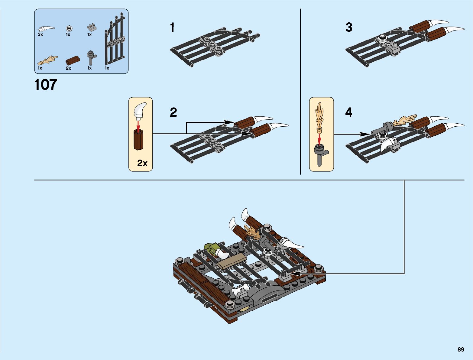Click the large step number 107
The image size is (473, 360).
coord(46,84)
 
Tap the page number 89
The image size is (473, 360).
coord(461,349)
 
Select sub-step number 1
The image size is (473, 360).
coord(172,28)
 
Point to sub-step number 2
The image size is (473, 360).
coord(173,112)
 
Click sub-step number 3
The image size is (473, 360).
coord(349,28)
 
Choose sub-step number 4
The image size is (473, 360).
coord(349,112)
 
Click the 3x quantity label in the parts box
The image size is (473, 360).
coord(40,34)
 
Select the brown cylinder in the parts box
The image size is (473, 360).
coord(73,60)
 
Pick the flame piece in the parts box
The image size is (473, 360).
coord(48,61)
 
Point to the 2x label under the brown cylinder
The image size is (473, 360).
coord(68,68)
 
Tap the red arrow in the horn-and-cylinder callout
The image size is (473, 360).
coord(138,125)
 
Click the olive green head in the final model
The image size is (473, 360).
coord(211,249)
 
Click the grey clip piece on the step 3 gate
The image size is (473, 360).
coord(393,49)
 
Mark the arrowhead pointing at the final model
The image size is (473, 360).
coord(293,274)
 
